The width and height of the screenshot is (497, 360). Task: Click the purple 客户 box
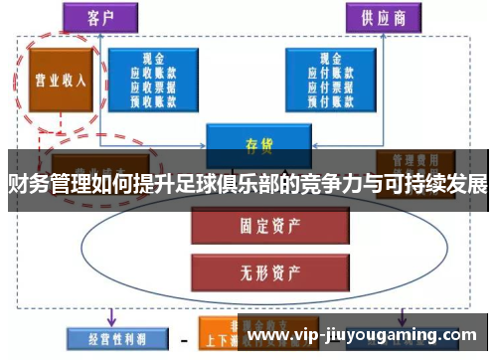100,17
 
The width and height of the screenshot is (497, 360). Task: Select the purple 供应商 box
383,17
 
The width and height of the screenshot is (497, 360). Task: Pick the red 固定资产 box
257,226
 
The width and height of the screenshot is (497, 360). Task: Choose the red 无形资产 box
257,269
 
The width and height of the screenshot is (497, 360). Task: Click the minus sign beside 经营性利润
182,339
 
